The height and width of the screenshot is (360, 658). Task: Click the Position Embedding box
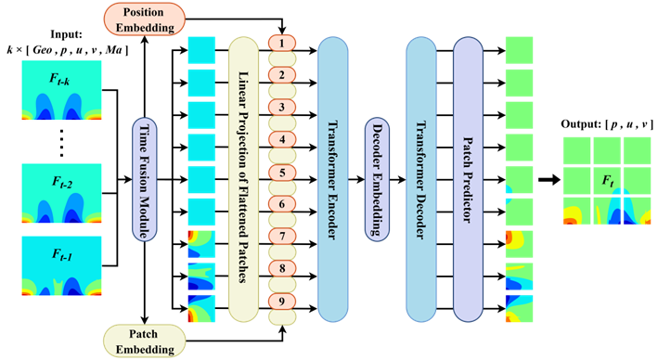tap(145, 19)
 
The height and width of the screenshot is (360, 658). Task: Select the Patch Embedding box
tap(145, 341)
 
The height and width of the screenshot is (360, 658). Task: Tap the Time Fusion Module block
tap(145, 180)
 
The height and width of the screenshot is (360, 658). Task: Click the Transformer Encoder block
tap(333, 180)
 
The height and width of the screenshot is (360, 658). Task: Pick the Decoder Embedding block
tap(377, 180)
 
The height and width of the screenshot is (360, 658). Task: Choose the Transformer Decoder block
tap(421, 180)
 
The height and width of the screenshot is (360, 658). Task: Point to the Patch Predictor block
tap(468, 180)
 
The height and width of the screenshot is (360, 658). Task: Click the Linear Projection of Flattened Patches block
tap(243, 180)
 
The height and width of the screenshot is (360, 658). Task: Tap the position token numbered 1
tap(282, 43)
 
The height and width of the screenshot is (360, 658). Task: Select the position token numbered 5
tap(282, 173)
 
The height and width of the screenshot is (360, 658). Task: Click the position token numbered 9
tap(282, 302)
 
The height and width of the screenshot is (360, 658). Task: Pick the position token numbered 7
tap(282, 237)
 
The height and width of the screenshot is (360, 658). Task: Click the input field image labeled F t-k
tap(61, 90)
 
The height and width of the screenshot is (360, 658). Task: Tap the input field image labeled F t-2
tap(61, 193)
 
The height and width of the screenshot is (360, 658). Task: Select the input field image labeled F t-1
tap(61, 265)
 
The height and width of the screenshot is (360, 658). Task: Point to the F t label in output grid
tap(608, 181)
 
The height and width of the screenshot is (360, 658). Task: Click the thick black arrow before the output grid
tap(549, 180)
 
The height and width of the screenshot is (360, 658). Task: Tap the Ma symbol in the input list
tap(114, 50)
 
